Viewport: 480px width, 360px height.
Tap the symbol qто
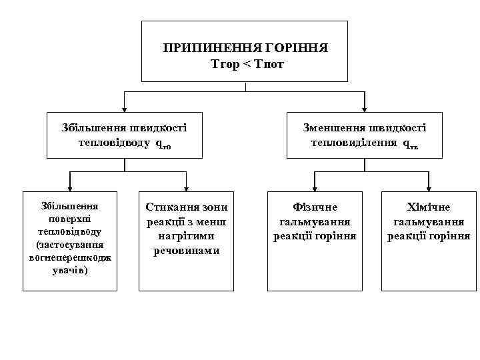click(164, 144)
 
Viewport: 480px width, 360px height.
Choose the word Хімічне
click(429, 208)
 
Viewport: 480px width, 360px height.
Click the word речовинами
click(187, 250)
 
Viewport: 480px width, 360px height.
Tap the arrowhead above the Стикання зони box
click(186, 187)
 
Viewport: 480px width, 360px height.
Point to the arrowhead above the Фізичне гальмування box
click(315, 187)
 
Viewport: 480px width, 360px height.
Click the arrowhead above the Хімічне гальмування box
click(429, 187)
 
